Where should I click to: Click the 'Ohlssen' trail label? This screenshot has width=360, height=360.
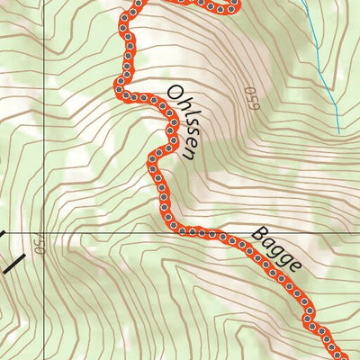coord(181,122)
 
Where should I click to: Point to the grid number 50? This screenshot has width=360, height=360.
coord(38,245)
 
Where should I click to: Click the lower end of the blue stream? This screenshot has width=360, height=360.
coord(339,133)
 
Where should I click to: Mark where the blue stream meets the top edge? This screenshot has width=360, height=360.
coord(302,2)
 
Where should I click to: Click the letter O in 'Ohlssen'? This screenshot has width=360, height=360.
coord(172,94)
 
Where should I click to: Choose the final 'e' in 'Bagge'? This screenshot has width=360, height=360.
coord(295,268)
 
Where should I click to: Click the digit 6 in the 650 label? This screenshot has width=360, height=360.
coord(252,108)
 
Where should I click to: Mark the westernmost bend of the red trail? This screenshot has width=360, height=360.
coord(118,85)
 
